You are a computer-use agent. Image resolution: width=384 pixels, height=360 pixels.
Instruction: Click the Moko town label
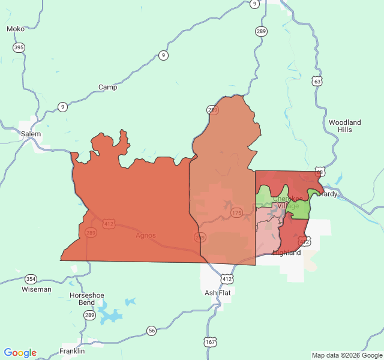click(15, 29)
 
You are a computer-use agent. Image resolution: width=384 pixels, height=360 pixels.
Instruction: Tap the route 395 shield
click(19, 47)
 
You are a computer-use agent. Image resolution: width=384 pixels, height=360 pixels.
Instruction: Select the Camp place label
click(108, 87)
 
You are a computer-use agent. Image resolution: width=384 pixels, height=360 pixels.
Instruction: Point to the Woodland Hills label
click(345, 126)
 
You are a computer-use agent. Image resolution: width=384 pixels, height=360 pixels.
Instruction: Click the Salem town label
click(31, 134)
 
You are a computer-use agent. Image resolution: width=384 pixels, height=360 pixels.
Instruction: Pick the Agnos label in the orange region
click(145, 235)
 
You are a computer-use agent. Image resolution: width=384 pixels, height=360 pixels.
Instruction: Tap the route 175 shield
click(236, 213)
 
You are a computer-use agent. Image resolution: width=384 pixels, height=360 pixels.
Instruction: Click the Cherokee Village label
click(287, 202)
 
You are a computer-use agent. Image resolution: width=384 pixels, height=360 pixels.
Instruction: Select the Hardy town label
click(329, 194)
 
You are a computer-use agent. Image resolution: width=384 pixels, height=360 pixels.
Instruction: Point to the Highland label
click(287, 253)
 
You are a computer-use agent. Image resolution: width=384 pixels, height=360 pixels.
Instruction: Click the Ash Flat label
click(217, 293)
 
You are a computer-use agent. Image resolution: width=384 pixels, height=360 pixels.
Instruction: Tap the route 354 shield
click(31, 279)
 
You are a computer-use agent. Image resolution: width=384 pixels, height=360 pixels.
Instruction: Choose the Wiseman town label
click(36, 289)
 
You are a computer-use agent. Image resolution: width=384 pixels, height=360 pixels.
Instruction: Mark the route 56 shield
click(151, 331)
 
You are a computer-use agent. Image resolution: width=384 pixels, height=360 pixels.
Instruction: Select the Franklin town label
click(72, 351)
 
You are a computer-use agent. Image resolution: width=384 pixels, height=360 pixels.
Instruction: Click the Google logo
click(20, 353)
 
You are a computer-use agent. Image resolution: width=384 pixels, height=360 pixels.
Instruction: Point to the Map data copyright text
click(346, 355)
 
